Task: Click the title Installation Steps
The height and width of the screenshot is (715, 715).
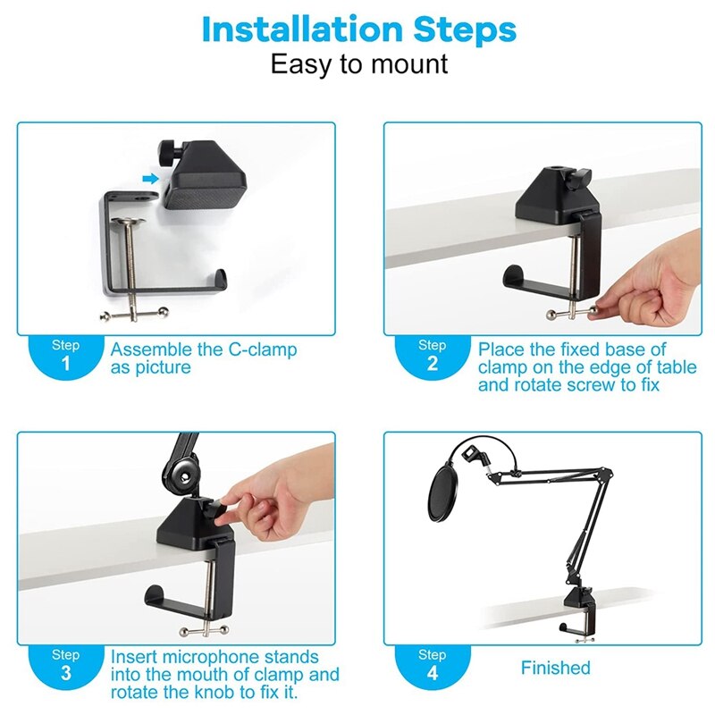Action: point(358,29)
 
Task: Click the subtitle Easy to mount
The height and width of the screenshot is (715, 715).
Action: point(358,65)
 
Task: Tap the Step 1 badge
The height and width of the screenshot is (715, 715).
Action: point(65,355)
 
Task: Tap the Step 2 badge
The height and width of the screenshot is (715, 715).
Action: point(432,355)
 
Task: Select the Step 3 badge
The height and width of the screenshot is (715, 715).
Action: point(65,665)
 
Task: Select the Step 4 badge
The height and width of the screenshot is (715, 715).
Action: point(432,665)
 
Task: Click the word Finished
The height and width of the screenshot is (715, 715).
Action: point(555,668)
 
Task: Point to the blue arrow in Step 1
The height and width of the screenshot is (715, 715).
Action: point(150,179)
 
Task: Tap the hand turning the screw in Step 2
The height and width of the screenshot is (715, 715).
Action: point(648,291)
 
